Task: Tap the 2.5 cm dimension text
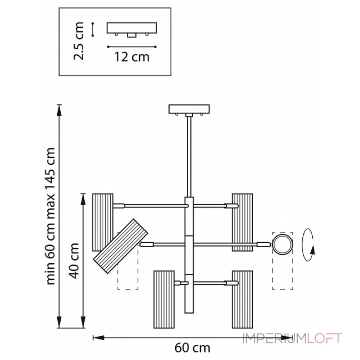pyautogui.click(x=80, y=41)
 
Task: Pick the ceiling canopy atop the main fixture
pyautogui.click(x=189, y=109)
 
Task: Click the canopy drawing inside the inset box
pyautogui.click(x=131, y=28)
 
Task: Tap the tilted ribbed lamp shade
pyautogui.click(x=121, y=247)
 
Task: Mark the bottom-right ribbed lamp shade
pyautogui.click(x=242, y=299)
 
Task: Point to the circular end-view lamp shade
pyautogui.click(x=282, y=244)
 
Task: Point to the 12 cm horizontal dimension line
pyautogui.click(x=131, y=46)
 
